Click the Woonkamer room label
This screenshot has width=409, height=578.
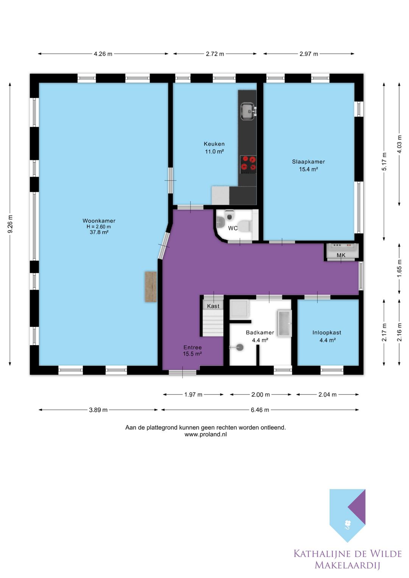click(x=99, y=221)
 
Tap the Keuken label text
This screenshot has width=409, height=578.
click(x=214, y=144)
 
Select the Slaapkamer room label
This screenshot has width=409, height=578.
click(x=308, y=162)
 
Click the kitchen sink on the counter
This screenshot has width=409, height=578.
click(x=248, y=111)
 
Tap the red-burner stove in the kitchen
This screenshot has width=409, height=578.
click(x=248, y=164)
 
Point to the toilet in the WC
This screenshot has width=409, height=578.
click(x=244, y=226)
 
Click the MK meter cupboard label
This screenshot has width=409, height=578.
click(x=341, y=255)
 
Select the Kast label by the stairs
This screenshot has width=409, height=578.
click(x=213, y=306)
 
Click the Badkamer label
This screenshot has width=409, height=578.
click(x=260, y=332)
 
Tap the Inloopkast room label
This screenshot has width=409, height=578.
click(x=326, y=333)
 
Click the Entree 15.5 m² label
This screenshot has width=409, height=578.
click(x=192, y=351)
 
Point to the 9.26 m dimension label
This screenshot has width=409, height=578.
click(x=10, y=224)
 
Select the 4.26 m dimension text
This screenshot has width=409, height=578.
click(x=103, y=54)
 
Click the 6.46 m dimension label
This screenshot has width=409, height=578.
click(x=260, y=410)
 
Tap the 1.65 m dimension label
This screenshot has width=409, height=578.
click(x=399, y=268)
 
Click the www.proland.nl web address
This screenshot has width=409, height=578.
click(x=206, y=434)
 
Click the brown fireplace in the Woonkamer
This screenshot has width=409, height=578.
click(x=151, y=287)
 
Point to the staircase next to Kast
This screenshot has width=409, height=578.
click(x=212, y=323)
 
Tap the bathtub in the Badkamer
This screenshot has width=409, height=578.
click(x=284, y=323)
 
